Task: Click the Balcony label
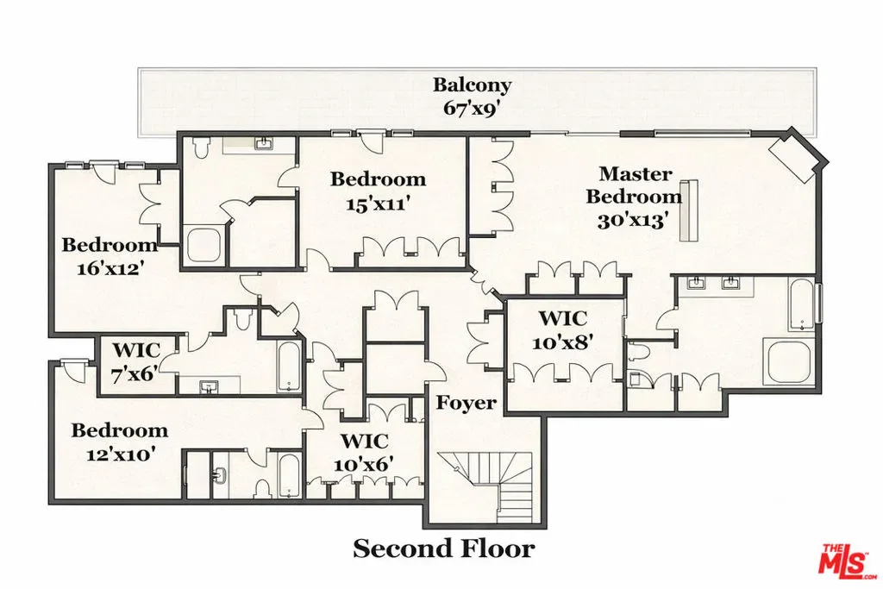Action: [x=472, y=85]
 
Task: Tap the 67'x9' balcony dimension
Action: [x=472, y=108]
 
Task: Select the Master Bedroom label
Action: [x=635, y=185]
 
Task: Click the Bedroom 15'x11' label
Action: [x=378, y=191]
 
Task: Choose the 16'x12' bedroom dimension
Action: [x=108, y=268]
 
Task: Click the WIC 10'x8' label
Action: [x=562, y=329]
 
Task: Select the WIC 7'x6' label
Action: [x=135, y=361]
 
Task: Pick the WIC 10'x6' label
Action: [x=364, y=452]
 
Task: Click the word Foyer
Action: [x=467, y=403]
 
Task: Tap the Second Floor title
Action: [x=444, y=548]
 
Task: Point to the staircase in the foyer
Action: [x=487, y=486]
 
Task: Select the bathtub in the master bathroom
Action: [x=802, y=304]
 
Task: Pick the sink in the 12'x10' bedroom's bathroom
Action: [x=219, y=474]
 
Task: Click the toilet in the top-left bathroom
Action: [x=200, y=147]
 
